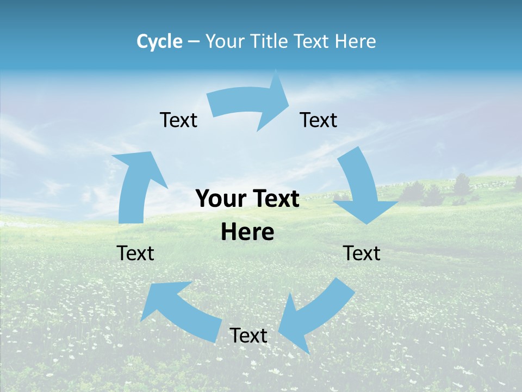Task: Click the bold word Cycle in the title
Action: (159, 41)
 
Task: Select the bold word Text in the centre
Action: (275, 199)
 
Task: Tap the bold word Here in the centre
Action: (247, 232)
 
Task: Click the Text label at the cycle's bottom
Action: (248, 335)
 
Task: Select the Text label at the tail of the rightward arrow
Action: (178, 120)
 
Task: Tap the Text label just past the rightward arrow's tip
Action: (319, 120)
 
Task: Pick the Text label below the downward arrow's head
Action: (362, 253)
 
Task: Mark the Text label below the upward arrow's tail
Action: (135, 253)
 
